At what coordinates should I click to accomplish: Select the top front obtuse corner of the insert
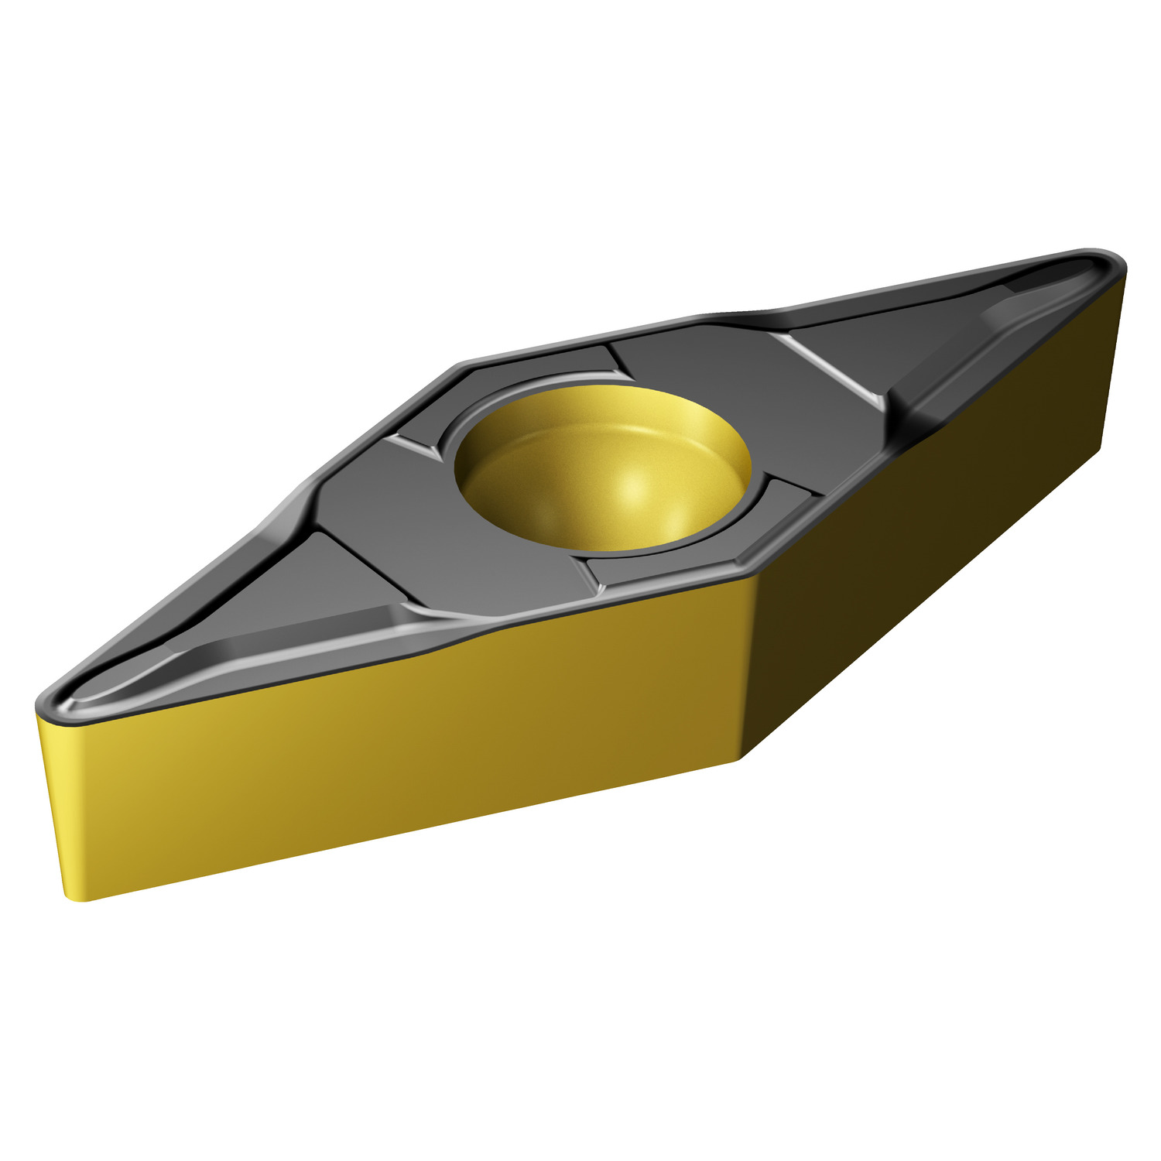(x=747, y=573)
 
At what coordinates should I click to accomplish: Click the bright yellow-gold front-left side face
(x=387, y=743)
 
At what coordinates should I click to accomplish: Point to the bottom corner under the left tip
(x=77, y=898)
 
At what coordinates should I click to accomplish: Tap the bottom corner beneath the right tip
(x=1103, y=449)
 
